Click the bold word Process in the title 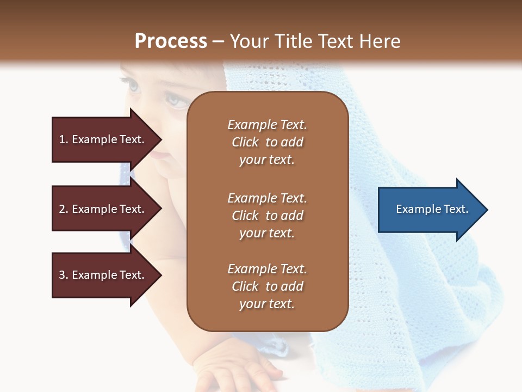(171, 41)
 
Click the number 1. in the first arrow (64, 139)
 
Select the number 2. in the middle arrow (64, 209)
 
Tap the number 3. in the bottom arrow (64, 275)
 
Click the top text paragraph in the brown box (267, 142)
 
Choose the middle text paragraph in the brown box (267, 216)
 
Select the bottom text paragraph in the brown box (267, 286)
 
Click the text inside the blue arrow (432, 209)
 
